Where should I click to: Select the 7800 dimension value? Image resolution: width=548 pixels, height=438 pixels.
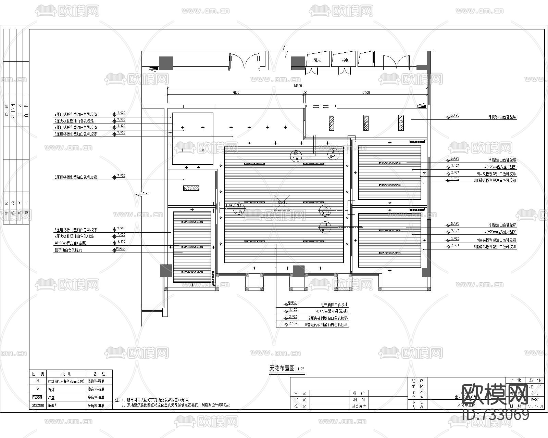236,92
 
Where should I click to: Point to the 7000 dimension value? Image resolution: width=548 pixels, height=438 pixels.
366,92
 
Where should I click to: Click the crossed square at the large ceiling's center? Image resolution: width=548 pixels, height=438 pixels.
282,202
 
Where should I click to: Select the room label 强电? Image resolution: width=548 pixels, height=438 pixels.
317,60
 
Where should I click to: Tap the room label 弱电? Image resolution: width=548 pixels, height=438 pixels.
345,60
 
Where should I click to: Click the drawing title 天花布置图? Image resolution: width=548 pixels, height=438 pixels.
282,369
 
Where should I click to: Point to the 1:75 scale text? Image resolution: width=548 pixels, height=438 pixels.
301,369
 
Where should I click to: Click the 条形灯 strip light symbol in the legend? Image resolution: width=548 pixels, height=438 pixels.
38,405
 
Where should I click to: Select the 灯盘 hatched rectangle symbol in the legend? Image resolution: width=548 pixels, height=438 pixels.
38,398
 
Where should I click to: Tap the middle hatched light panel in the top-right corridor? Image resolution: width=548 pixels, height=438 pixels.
366,123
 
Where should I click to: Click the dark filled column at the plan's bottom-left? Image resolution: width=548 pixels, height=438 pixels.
166,271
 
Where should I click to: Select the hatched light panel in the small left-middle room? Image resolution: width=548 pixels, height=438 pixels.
191,188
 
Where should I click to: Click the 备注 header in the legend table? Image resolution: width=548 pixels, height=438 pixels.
99,374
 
